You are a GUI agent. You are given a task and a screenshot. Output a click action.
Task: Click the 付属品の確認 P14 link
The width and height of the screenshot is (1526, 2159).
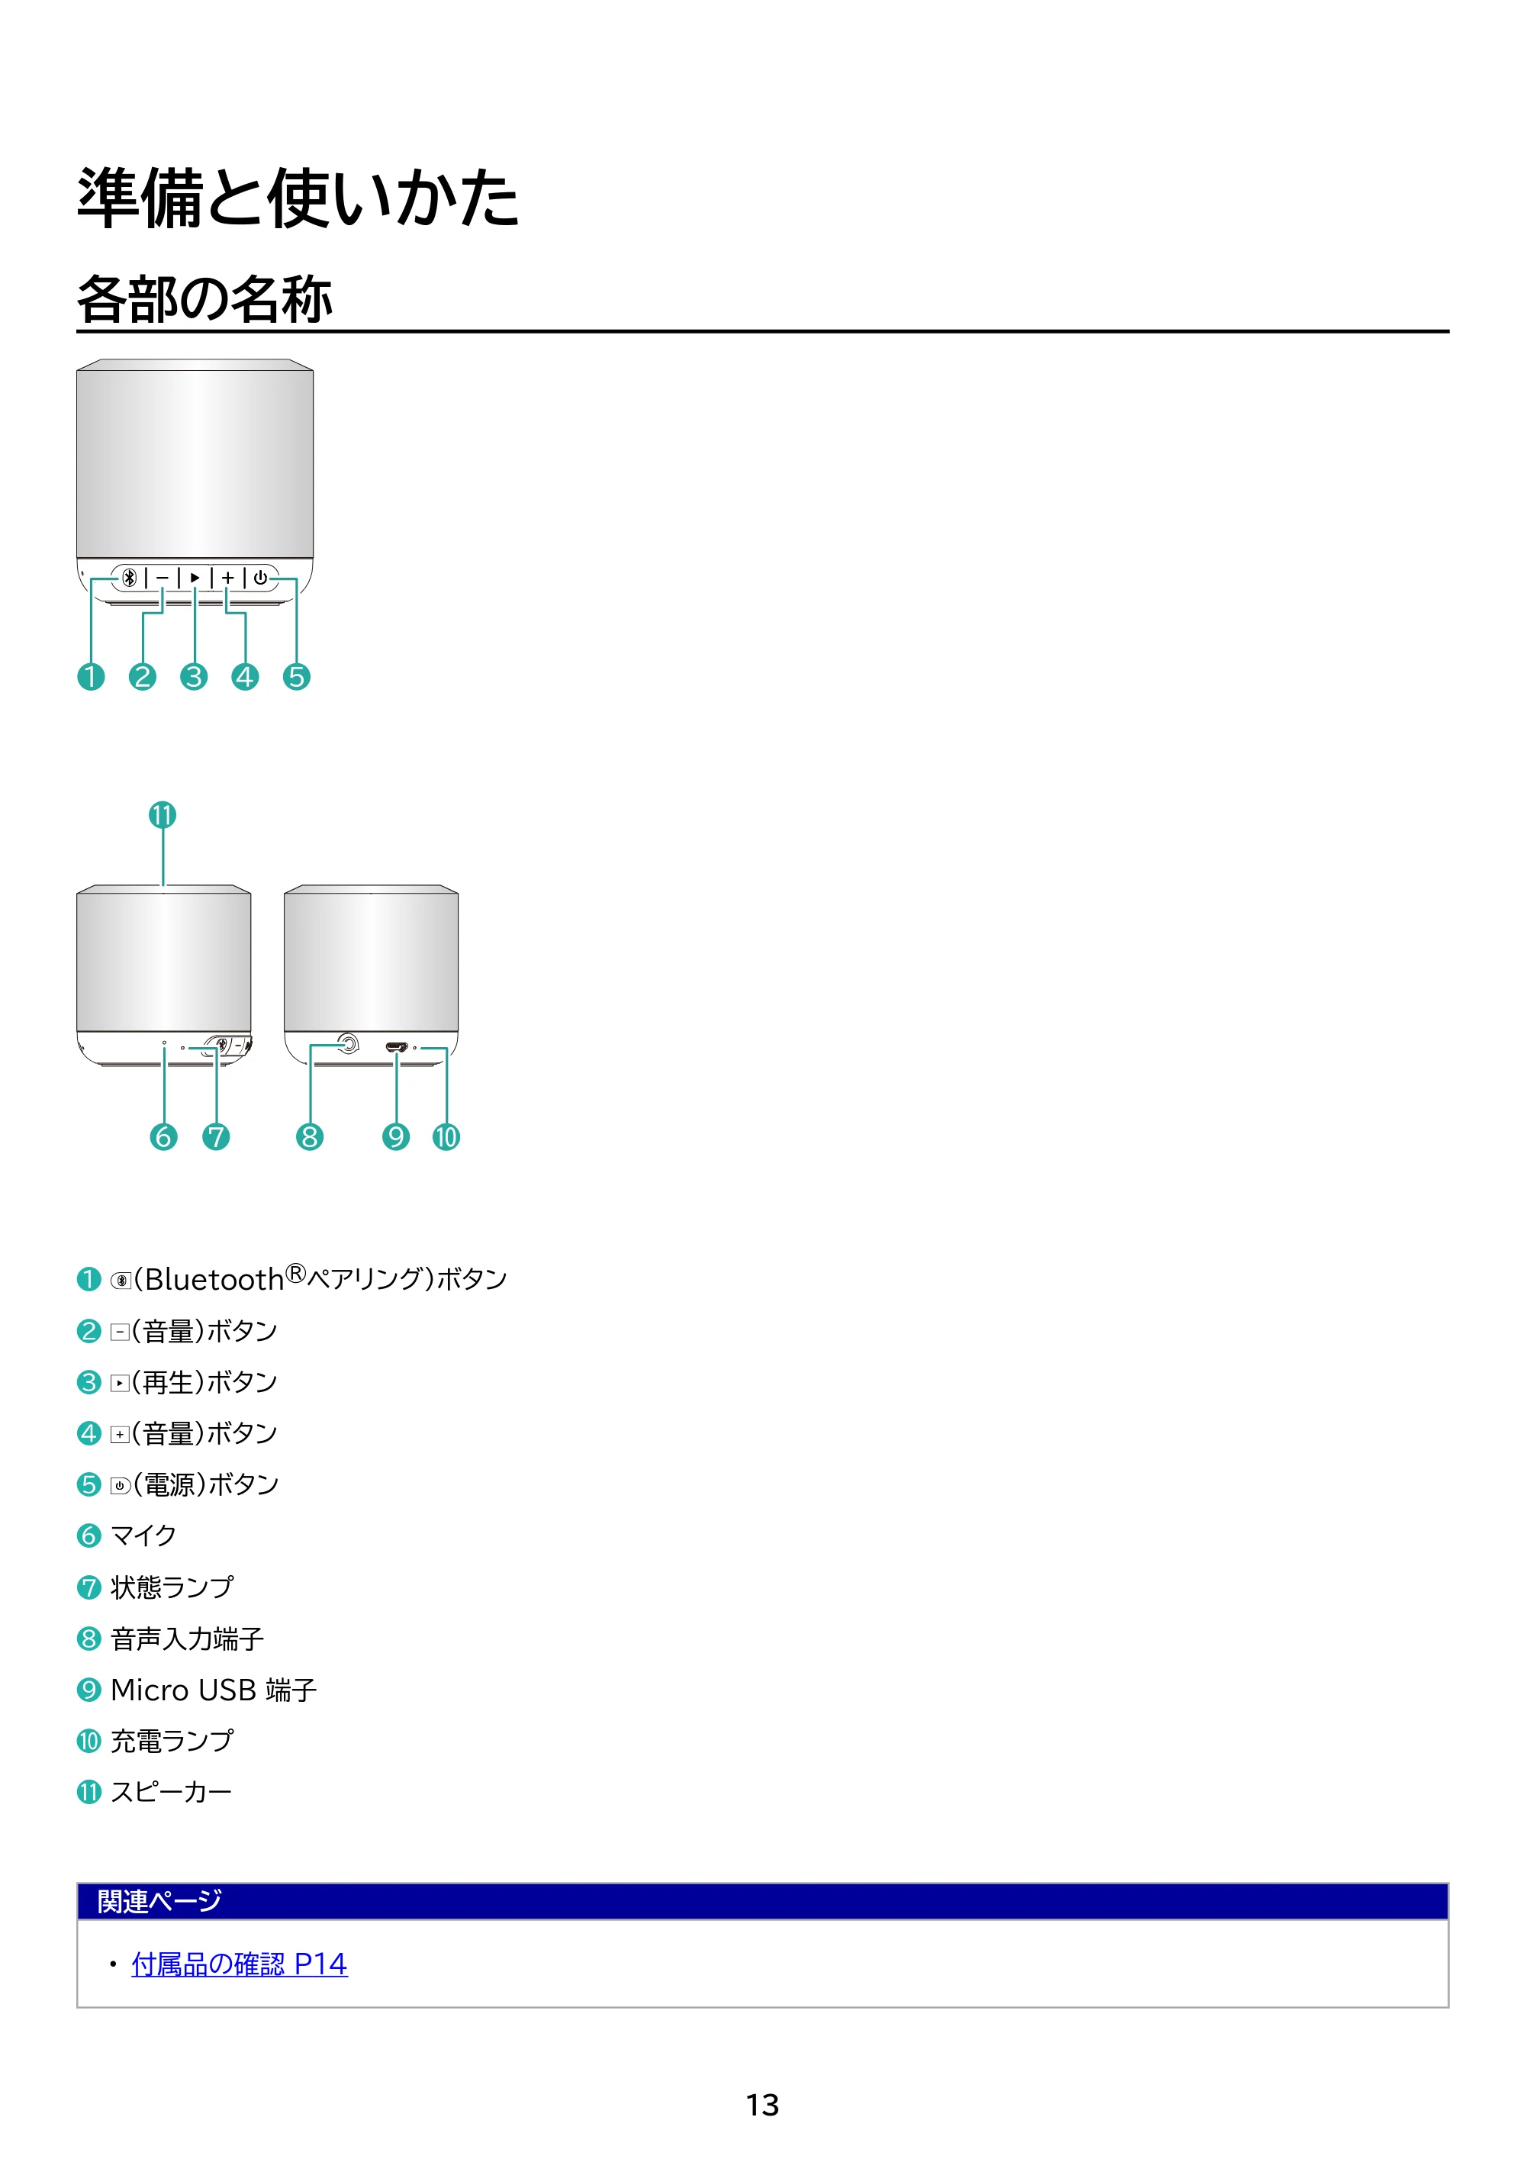pos(239,1964)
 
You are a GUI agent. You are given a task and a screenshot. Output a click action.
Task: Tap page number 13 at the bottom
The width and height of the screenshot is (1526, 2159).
pos(762,2105)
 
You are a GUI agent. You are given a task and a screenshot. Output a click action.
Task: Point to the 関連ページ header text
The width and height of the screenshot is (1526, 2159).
pos(159,1901)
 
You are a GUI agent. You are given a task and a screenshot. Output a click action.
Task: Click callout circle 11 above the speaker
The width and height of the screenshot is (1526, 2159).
pos(163,814)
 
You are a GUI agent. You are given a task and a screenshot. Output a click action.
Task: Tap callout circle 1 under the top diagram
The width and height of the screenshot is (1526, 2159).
pos(92,676)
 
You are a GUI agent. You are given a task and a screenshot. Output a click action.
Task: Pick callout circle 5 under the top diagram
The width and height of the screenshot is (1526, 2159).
pos(296,676)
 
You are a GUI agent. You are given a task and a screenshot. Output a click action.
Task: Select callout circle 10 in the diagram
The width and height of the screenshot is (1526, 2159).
pos(446,1137)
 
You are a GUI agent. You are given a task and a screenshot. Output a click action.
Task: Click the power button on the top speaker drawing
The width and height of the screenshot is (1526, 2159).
pos(260,578)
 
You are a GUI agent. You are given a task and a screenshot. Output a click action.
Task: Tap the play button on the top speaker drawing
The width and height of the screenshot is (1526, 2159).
pos(195,578)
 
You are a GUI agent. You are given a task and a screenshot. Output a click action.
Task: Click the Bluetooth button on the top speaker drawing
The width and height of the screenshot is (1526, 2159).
pos(129,578)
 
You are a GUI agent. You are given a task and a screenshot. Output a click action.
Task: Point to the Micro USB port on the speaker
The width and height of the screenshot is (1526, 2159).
pos(396,1046)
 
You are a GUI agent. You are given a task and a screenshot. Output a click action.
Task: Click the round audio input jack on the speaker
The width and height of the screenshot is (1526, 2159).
pos(348,1042)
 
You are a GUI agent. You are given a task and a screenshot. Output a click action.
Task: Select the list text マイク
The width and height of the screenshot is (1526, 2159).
pos(144,1535)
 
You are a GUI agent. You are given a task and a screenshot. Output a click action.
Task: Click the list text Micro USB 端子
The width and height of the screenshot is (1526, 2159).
pos(214,1690)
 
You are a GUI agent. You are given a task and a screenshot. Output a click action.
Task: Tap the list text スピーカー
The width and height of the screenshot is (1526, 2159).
pos(171,1792)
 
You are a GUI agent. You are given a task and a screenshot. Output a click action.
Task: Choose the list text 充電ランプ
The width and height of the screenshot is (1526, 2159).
pos(172,1741)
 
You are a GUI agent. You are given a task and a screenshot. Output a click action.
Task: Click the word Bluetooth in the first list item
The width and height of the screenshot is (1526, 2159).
pos(214,1280)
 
